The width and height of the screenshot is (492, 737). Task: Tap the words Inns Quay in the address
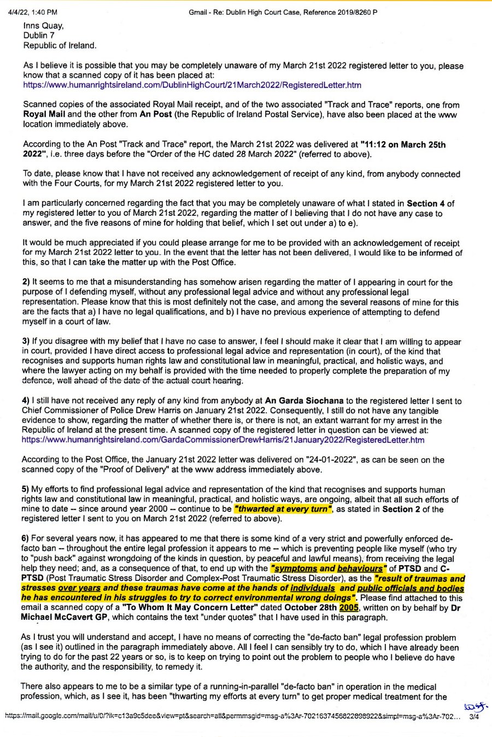[x=43, y=26]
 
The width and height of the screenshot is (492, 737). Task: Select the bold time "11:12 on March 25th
[x=403, y=145]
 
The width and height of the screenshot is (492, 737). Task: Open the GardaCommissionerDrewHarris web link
[x=223, y=440]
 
